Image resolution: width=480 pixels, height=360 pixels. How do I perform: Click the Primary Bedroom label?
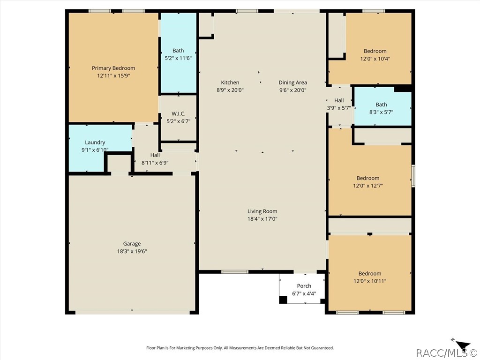click(x=113, y=68)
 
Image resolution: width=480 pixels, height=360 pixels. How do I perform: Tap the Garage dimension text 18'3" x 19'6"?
click(x=132, y=251)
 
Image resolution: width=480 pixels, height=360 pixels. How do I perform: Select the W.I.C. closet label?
click(x=178, y=113)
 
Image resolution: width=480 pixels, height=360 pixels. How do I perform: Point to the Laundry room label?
click(x=95, y=142)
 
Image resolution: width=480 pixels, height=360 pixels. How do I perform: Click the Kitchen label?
click(x=230, y=82)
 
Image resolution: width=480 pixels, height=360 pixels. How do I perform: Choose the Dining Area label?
click(x=292, y=82)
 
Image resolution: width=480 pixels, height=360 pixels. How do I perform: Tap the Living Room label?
click(x=262, y=211)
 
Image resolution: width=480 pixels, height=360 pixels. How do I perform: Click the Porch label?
click(x=304, y=286)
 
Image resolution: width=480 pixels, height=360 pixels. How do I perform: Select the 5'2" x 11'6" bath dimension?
click(x=178, y=58)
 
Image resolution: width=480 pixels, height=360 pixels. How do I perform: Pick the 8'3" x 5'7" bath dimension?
click(x=381, y=112)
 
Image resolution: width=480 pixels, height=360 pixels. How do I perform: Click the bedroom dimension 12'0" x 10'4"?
click(x=375, y=59)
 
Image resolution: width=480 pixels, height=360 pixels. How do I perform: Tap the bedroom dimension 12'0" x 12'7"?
click(x=368, y=186)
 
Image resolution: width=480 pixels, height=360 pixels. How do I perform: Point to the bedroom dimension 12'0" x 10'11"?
click(x=370, y=281)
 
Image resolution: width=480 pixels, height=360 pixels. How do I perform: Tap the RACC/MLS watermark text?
click(x=447, y=353)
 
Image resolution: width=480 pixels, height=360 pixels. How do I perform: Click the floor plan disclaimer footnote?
click(x=240, y=348)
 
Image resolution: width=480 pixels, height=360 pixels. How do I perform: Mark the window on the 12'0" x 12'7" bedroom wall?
click(x=413, y=175)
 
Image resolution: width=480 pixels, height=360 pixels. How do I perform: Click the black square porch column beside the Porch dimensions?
click(x=283, y=300)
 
